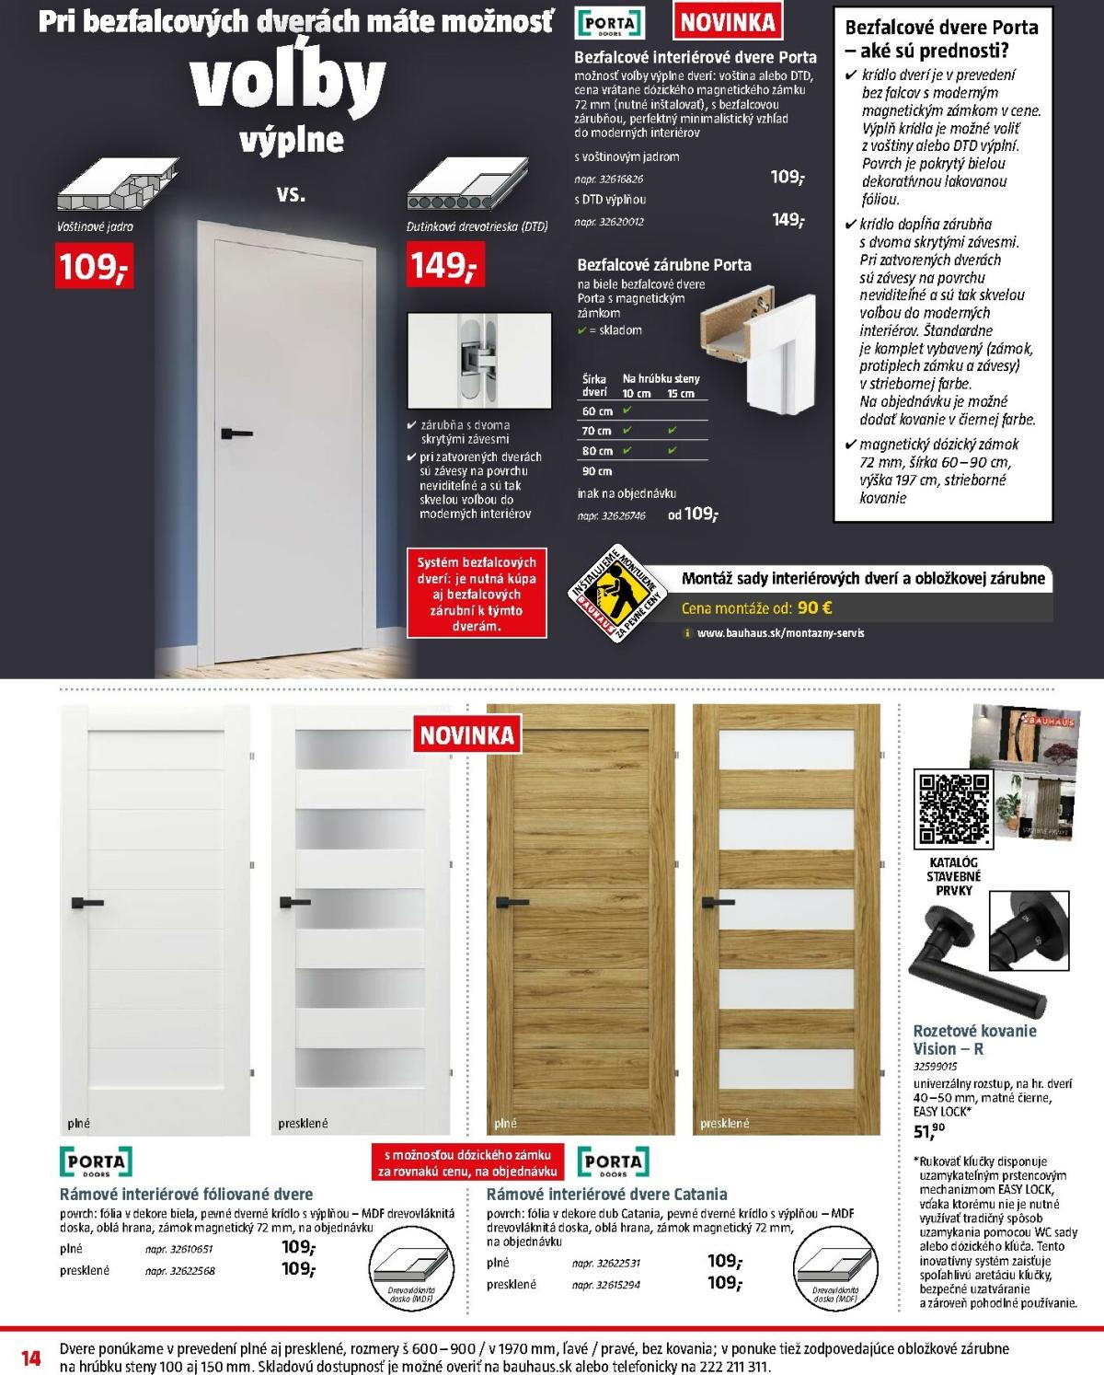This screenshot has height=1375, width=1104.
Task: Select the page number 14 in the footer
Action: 30,1358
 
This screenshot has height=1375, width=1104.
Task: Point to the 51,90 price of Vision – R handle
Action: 928,1131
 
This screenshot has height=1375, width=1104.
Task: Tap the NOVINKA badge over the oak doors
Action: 467,735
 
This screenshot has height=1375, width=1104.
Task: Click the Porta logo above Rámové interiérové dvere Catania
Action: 613,1161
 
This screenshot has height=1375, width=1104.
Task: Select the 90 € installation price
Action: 814,608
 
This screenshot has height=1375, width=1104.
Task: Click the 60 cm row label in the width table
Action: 597,411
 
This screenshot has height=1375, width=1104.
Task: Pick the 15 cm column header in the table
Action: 681,393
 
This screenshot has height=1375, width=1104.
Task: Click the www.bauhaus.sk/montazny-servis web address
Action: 780,633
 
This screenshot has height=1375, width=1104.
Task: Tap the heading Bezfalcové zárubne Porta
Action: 664,265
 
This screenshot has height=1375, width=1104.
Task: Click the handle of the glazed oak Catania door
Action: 716,903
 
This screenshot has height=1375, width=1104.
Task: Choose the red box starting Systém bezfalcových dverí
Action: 477,594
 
